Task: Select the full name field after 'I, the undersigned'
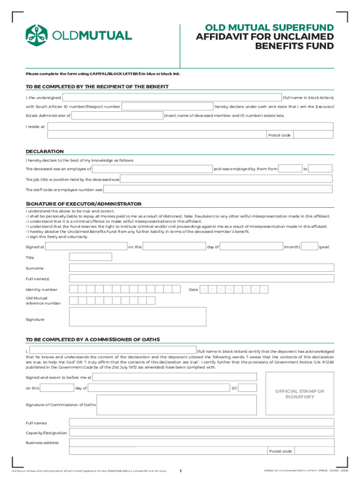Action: (x=172, y=97)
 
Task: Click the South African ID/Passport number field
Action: (x=167, y=107)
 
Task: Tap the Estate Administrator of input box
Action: (x=117, y=116)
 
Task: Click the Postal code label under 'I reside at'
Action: (x=279, y=135)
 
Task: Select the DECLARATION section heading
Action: (x=45, y=152)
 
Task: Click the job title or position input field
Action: (x=226, y=179)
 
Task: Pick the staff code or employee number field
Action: (x=218, y=190)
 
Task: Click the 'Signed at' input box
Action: (x=86, y=247)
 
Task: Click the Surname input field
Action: (x=202, y=268)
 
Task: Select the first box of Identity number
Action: (x=73, y=290)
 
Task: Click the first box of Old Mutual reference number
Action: (x=73, y=300)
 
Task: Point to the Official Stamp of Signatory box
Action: (x=299, y=394)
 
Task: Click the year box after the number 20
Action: (x=248, y=388)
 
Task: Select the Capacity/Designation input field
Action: (x=202, y=433)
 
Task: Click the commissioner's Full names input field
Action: (x=202, y=423)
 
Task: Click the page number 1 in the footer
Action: (x=180, y=471)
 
